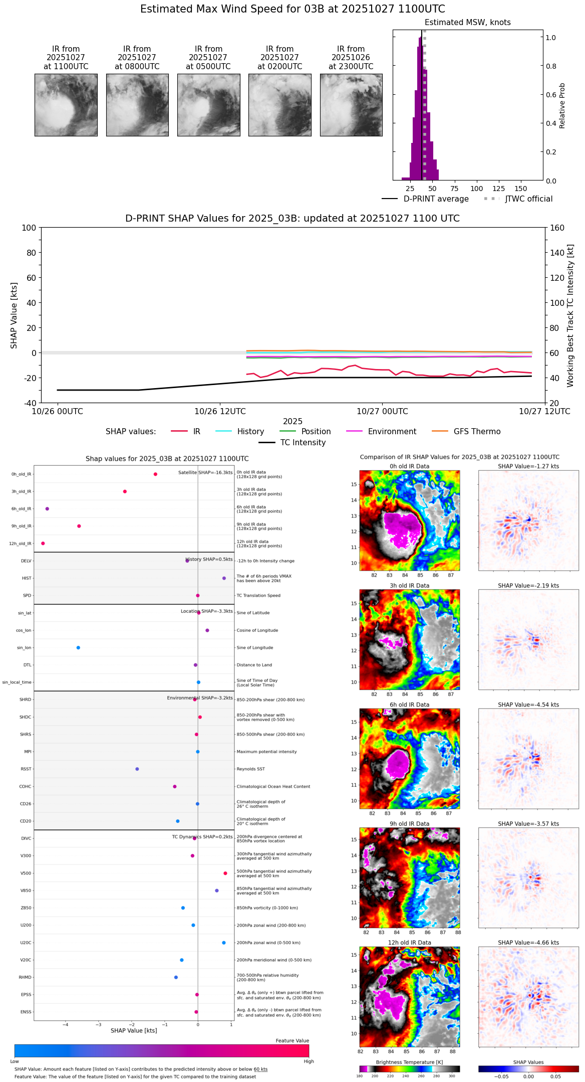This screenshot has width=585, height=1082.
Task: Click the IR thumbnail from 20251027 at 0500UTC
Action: tap(208, 105)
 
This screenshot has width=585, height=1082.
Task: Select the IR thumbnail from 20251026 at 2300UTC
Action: tap(351, 105)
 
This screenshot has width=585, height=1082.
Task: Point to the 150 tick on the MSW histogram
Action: tap(521, 189)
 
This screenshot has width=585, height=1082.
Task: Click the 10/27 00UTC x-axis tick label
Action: tap(382, 412)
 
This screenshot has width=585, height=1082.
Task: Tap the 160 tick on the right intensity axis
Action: tap(557, 228)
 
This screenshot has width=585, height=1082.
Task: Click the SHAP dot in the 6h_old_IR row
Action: tap(47, 509)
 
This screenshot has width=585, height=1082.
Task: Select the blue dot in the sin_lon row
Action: tap(78, 648)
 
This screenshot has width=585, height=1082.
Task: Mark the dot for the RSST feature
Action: tap(137, 769)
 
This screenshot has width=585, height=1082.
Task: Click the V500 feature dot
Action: tap(225, 873)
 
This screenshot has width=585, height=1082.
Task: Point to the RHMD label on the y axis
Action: tap(26, 977)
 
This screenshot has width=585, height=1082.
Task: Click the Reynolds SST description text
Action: tap(251, 769)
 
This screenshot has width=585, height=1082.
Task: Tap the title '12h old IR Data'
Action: tap(409, 943)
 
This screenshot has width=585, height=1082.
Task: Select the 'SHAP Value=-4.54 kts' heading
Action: tap(528, 704)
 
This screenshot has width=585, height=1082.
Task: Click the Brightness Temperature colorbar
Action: tap(409, 1069)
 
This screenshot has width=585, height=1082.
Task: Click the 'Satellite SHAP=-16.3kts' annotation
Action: tap(205, 473)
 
